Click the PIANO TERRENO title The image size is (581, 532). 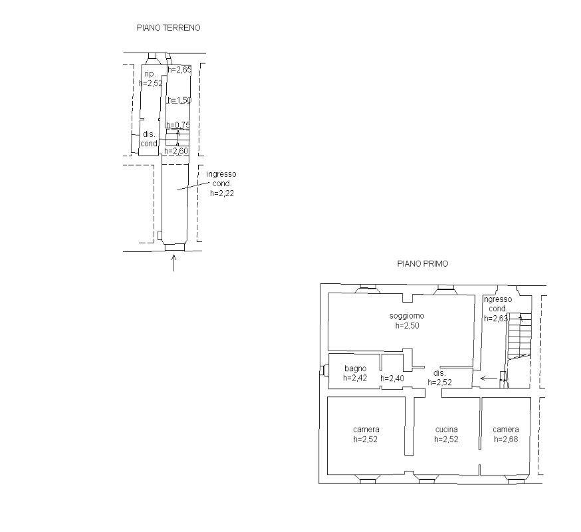point(169,28)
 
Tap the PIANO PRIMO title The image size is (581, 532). point(423,263)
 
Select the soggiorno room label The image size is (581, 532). point(407,316)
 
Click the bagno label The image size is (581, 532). point(356,368)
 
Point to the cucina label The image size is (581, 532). point(447,430)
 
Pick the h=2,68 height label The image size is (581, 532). point(506,440)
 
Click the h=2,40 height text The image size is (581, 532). point(392,378)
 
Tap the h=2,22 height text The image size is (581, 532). point(222,193)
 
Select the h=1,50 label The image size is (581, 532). point(179,100)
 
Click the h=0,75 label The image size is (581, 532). point(178,125)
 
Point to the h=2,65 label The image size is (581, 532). point(179,70)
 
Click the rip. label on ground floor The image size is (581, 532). point(150,73)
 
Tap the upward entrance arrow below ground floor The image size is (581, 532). point(174,263)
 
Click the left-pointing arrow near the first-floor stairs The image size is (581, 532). point(489,378)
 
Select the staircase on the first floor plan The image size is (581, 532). point(519,350)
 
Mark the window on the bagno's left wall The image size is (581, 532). point(322,370)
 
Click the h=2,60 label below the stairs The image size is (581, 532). point(176,151)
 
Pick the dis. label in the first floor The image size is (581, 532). point(439,373)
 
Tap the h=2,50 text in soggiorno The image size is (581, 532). point(407,325)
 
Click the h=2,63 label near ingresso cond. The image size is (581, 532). point(496,319)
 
